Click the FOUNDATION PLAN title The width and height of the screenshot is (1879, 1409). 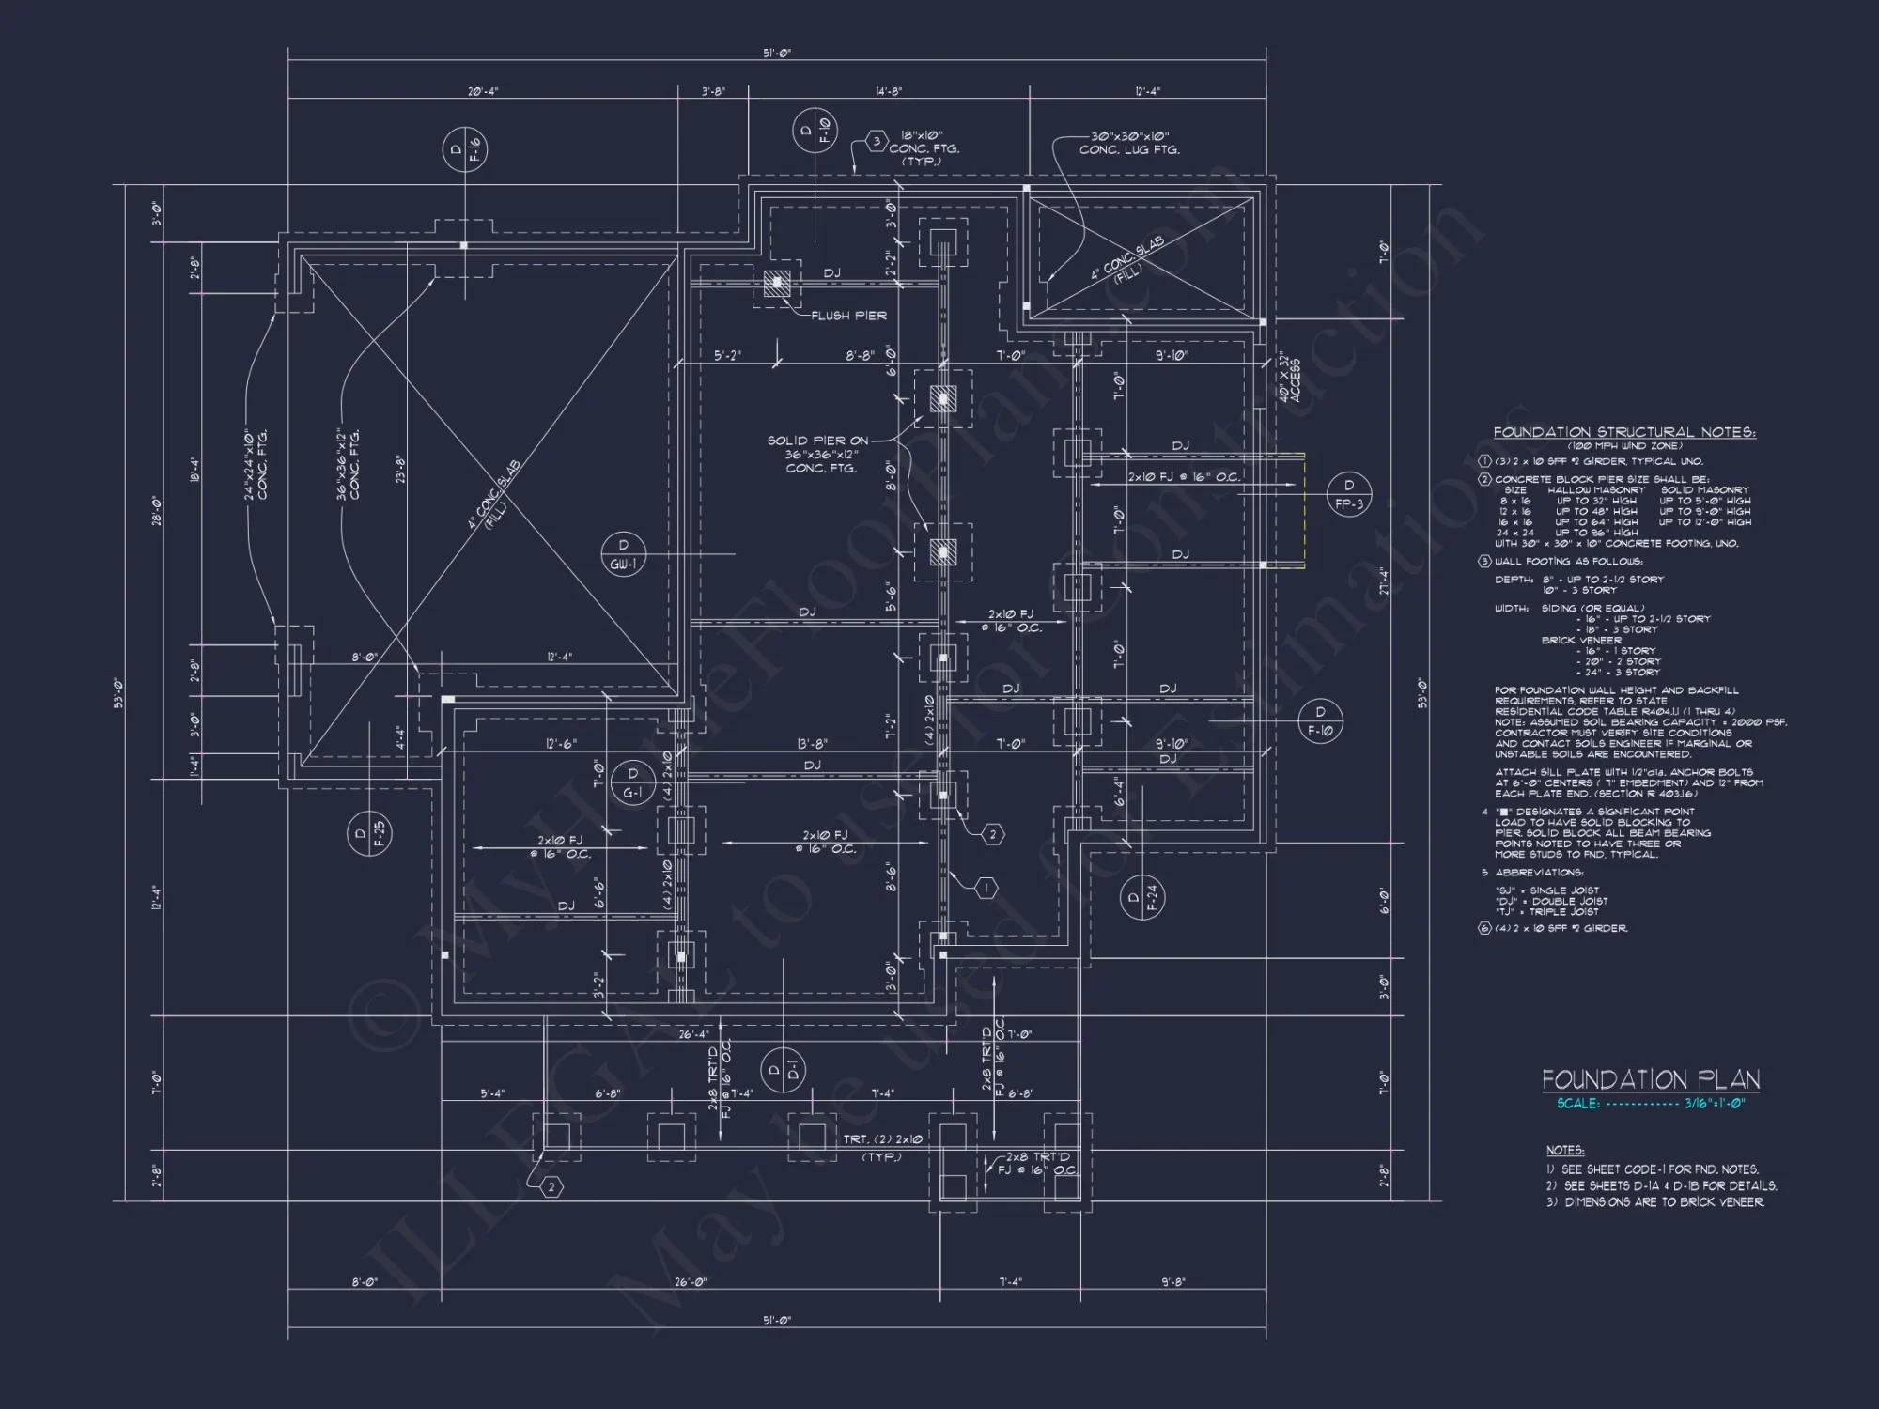[x=1651, y=1080]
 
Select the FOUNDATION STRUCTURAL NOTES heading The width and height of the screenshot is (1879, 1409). [x=1624, y=433]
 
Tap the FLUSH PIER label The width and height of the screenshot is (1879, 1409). [x=848, y=316]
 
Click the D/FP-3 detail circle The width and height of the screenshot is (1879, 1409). [x=1349, y=495]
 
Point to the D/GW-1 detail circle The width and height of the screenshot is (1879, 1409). [x=624, y=554]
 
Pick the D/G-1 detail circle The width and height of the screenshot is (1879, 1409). [x=633, y=783]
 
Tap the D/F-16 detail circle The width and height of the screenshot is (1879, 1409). [x=465, y=150]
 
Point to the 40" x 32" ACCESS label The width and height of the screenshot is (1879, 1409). [x=1288, y=379]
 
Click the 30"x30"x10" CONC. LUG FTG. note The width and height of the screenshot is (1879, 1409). [x=1128, y=143]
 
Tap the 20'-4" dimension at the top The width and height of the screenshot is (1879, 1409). [x=483, y=92]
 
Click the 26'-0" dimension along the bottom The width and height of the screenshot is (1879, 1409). [x=691, y=1281]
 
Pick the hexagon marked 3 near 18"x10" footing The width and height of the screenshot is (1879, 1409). [x=876, y=142]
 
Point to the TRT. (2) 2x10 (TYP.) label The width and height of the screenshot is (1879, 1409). [x=882, y=1147]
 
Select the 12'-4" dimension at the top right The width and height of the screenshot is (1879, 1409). [x=1147, y=92]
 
